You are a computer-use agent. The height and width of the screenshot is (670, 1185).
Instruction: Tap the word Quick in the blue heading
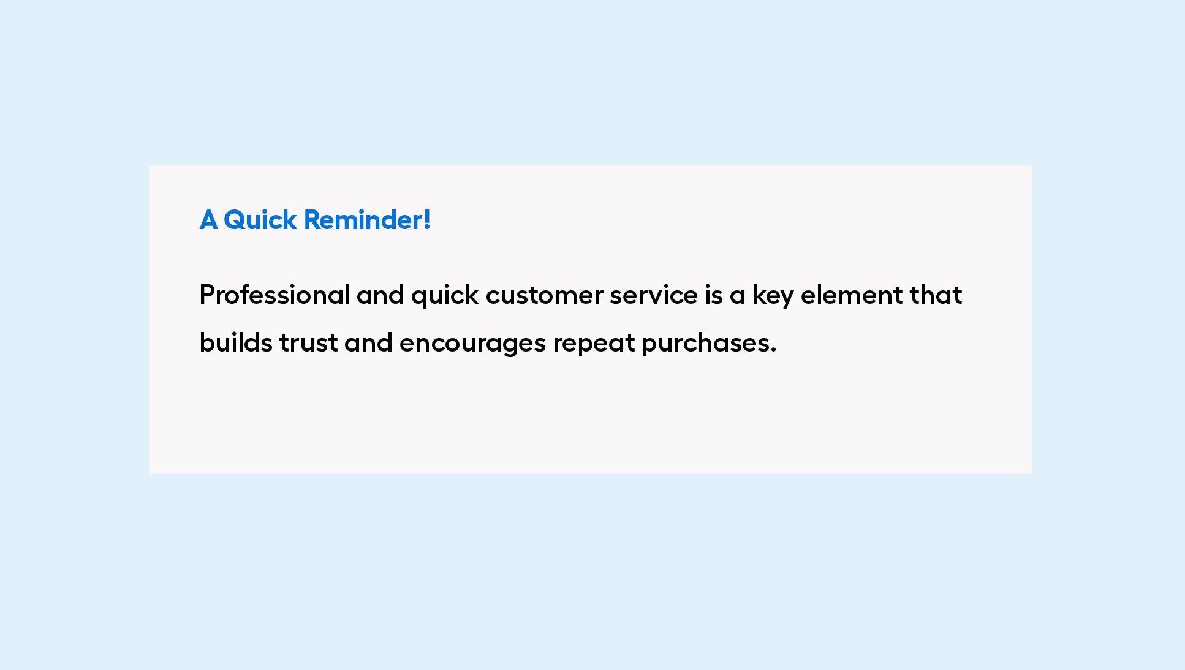(260, 220)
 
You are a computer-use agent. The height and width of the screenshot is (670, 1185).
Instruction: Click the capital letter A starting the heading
(208, 220)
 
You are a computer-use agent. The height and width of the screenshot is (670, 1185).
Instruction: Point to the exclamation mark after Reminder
(427, 220)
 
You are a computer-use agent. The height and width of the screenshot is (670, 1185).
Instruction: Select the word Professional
(274, 295)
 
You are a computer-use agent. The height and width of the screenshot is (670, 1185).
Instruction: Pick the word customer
(544, 296)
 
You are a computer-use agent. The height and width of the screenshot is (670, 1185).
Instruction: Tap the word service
(654, 296)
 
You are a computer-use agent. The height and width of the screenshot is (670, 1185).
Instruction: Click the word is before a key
(714, 295)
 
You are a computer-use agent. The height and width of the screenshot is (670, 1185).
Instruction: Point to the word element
(852, 295)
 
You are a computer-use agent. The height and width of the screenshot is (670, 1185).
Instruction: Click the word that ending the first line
(936, 295)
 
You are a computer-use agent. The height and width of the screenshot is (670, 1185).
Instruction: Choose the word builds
(236, 342)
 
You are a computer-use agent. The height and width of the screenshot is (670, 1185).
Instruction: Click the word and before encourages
(368, 342)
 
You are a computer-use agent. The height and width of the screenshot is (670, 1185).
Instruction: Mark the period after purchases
(773, 351)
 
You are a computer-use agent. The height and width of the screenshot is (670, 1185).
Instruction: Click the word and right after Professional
(380, 295)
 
